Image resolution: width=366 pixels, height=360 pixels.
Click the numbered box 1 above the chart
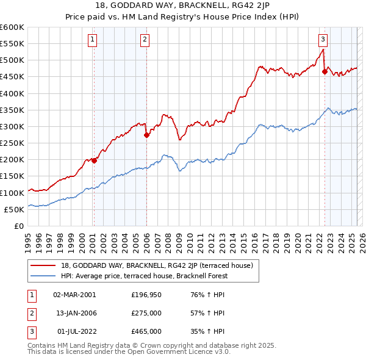pos(92,40)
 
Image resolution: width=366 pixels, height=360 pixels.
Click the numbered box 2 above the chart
pos(145,40)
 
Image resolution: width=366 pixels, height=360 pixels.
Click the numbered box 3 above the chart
pos(323,40)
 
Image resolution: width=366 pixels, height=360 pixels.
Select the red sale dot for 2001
pos(94,160)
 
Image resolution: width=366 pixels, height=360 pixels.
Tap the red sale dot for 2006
pos(146,135)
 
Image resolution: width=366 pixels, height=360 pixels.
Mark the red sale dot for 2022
pos(325,72)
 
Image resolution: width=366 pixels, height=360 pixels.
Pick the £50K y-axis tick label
pos(14,209)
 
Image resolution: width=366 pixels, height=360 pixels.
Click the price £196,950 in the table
pos(146,294)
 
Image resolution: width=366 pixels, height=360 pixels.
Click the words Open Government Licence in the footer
pos(176,352)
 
